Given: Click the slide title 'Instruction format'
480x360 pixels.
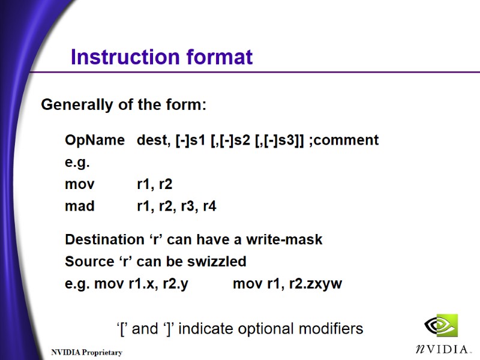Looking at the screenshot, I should tap(161, 58).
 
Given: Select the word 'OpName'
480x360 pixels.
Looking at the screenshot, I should tap(94, 140).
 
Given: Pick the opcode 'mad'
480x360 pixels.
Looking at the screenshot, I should tap(79, 206).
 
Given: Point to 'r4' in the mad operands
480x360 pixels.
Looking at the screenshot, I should tap(209, 206).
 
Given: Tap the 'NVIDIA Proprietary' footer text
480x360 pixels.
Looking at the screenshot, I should tap(86, 352).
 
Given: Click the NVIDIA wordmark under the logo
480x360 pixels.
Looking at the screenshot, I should tap(443, 349).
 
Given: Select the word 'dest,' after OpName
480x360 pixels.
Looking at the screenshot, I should tap(154, 140).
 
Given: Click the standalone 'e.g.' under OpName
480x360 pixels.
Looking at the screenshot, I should tap(77, 163).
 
